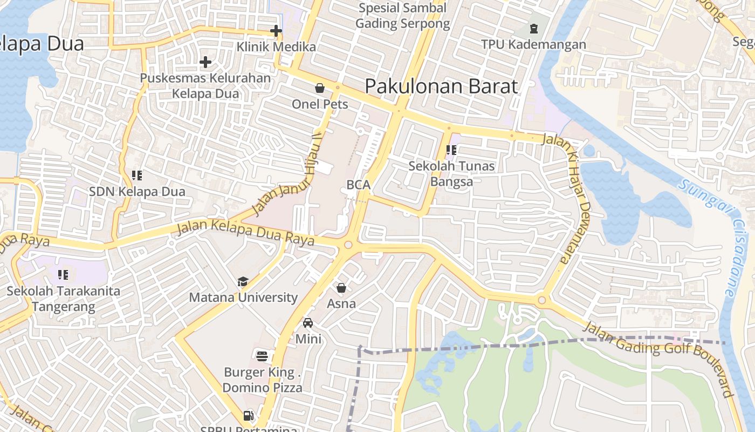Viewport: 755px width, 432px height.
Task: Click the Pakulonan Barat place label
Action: [441, 86]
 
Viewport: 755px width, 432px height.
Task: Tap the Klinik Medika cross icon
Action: [276, 31]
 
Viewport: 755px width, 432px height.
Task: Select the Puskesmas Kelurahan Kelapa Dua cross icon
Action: [205, 62]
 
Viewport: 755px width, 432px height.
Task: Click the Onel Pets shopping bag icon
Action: [320, 88]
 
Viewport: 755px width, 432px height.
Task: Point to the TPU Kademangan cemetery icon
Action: [533, 28]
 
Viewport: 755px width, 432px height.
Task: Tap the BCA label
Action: [358, 185]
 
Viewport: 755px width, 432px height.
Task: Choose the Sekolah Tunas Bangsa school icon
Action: [451, 150]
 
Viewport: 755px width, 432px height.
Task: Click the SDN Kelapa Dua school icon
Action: [137, 175]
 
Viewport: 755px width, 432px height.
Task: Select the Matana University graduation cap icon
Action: [243, 282]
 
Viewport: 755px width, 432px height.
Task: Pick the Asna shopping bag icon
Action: [341, 288]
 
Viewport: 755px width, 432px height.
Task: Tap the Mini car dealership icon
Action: [308, 323]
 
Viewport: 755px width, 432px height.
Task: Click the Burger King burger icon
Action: [262, 356]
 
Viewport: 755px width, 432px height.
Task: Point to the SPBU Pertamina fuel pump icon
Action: [249, 415]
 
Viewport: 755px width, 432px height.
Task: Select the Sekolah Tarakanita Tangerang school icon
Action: [63, 275]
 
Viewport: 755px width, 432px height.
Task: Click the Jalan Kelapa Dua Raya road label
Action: [245, 232]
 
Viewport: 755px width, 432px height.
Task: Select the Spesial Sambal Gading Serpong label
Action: [402, 16]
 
